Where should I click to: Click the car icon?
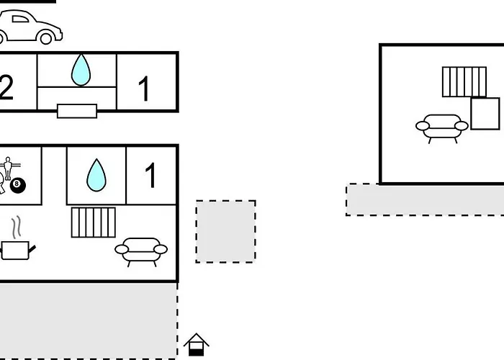pos(30,27)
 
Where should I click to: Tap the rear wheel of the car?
pos(45,38)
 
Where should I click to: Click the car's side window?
pos(20,19)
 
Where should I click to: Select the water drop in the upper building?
pos(81,70)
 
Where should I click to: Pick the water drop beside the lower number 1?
pos(96,175)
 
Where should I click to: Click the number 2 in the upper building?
pos(6,87)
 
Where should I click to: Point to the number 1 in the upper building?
pos(144,89)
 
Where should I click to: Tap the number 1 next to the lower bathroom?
pos(150,175)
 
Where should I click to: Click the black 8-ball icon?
pos(18,186)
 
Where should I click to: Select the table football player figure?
pos(8,168)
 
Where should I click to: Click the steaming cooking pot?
pos(17,240)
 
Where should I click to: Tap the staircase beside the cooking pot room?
pos(93,222)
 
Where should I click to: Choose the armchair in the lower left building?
pos(141,252)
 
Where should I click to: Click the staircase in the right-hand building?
pos(464,81)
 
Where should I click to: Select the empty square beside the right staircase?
pos(485,114)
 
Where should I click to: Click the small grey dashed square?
pos(225,231)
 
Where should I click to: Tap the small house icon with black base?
pos(196,345)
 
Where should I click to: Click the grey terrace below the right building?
pos(425,199)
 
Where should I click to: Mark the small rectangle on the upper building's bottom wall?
pos(77,111)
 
